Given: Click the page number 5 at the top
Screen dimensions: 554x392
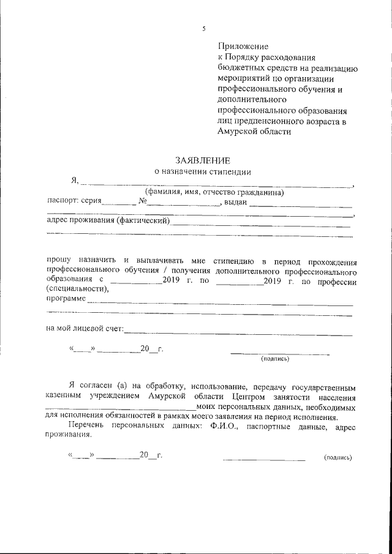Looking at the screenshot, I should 204,29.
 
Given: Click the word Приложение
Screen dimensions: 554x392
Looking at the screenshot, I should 243,46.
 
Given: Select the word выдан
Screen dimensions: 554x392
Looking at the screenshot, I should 235,203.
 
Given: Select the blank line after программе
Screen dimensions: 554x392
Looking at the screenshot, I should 221,302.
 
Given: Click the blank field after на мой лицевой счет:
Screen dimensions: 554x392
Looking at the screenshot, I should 238,332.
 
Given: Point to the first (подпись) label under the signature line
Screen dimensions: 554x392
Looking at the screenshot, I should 274,359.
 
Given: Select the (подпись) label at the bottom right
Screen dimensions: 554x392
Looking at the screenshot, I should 337,457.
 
